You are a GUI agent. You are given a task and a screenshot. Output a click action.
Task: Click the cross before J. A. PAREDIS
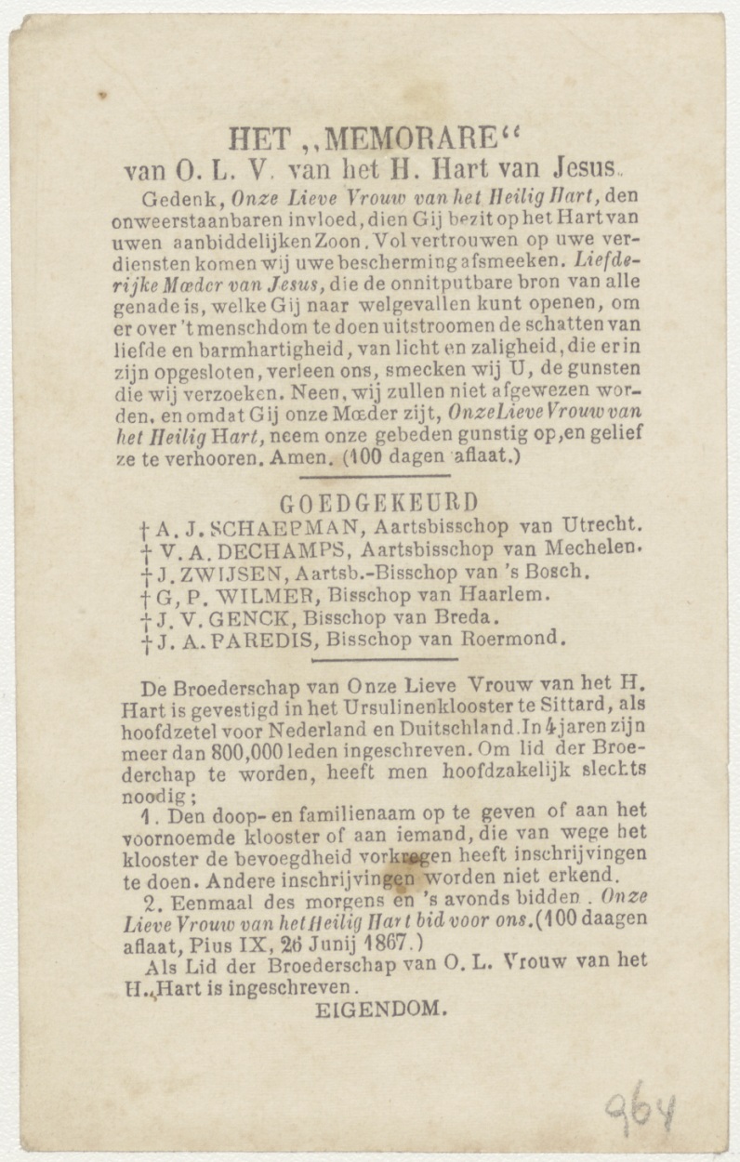(x=146, y=641)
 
